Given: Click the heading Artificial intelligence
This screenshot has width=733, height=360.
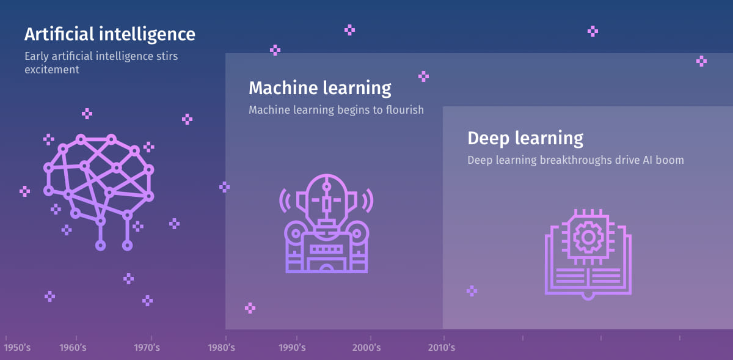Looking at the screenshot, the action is click(109, 35).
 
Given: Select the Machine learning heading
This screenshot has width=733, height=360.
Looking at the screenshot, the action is click(319, 89).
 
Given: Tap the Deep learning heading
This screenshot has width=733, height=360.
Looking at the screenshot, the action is click(525, 138).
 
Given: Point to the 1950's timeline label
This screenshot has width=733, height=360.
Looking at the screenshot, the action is click(17, 347).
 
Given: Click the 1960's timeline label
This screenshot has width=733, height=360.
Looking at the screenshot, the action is click(73, 347).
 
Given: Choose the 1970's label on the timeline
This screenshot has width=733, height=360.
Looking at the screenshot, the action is click(147, 347).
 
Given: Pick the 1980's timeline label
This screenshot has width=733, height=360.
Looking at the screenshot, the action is click(222, 347).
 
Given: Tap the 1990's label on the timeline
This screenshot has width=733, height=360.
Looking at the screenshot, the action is click(292, 347).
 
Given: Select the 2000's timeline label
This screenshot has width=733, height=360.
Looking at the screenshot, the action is click(366, 347).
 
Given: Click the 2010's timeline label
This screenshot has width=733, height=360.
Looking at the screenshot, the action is click(442, 347).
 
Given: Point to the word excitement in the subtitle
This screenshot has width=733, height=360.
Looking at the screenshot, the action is click(52, 70).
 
